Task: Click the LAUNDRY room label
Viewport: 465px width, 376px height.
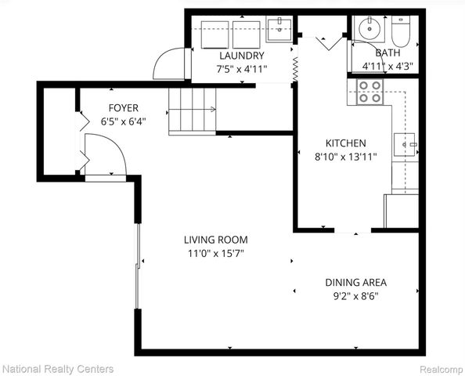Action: click(241, 56)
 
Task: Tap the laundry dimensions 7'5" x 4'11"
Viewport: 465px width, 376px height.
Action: click(241, 68)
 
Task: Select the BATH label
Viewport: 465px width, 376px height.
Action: click(387, 53)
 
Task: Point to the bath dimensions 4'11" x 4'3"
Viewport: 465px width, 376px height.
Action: click(386, 67)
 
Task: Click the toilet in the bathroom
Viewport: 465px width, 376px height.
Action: click(400, 31)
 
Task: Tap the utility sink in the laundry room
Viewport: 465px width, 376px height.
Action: click(277, 30)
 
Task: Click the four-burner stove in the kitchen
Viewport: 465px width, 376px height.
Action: click(369, 92)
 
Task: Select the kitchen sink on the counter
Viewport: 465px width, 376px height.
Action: click(405, 144)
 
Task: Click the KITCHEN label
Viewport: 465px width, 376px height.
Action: click(345, 143)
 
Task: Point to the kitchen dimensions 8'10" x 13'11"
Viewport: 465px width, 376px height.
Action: click(345, 156)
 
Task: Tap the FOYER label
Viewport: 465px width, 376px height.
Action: click(124, 109)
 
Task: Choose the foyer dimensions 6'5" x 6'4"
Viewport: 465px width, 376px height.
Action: click(124, 121)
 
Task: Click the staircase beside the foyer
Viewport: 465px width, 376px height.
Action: click(193, 110)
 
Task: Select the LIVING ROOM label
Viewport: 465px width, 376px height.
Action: click(215, 240)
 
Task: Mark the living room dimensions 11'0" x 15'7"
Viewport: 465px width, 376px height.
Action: click(215, 253)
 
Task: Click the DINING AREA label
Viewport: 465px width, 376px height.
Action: click(355, 282)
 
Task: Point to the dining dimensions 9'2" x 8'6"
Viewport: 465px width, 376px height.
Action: click(355, 295)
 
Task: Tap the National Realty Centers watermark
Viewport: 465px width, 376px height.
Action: click(57, 368)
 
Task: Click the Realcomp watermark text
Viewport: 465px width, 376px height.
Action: click(441, 368)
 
